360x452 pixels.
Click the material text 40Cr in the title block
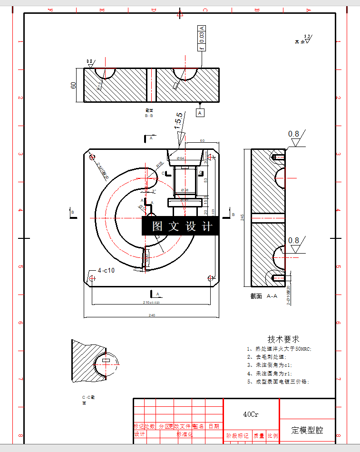tap(251, 414)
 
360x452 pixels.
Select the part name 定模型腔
tap(307, 430)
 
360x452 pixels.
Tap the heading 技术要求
tap(283, 339)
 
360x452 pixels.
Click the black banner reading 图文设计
tap(181, 226)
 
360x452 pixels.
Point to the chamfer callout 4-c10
tap(106, 270)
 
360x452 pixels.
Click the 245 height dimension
tap(243, 217)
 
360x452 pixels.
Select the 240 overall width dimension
tap(152, 315)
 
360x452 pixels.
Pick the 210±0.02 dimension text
tap(151, 303)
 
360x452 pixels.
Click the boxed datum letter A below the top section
tap(200, 113)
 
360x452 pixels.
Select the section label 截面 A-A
tap(264, 296)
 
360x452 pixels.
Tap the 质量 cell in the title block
tap(259, 435)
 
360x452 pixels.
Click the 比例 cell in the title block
tap(272, 435)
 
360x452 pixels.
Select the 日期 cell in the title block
tap(214, 426)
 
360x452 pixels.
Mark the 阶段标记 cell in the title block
tap(237, 435)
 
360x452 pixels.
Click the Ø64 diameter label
tap(181, 158)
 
